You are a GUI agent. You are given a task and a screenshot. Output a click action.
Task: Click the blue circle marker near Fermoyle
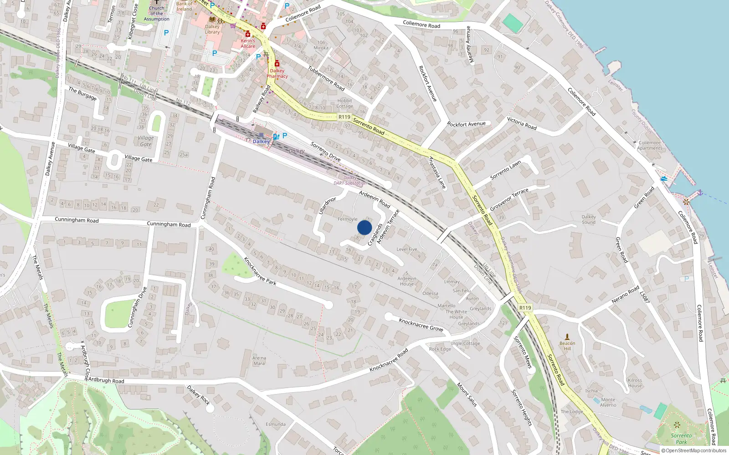pos(364,227)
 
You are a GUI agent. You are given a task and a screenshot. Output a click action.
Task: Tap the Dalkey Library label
pos(212,29)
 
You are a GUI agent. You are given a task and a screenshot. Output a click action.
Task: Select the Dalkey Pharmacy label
pos(277,73)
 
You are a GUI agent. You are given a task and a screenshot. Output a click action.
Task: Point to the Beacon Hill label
pos(567,346)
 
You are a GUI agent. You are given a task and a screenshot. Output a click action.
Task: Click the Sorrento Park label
pos(681,439)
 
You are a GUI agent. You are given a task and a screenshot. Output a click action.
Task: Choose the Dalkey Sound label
pos(589,219)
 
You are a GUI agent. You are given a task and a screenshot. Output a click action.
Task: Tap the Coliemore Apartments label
pos(649,145)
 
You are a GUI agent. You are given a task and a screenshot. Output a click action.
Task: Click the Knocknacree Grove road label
pos(421,324)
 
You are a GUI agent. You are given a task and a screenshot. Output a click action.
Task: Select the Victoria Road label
pos(522,123)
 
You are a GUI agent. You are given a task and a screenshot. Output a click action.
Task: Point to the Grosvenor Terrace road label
pos(509,199)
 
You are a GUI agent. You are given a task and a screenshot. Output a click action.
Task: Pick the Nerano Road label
pos(625,295)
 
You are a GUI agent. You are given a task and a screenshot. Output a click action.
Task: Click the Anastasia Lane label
pos(437,173)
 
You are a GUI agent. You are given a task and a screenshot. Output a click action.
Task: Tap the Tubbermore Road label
pos(326,78)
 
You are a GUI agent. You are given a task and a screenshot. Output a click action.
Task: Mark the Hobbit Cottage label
pos(344,103)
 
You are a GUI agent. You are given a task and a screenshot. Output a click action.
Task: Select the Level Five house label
pos(406,249)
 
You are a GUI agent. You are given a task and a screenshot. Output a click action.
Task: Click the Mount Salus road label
pos(467,394)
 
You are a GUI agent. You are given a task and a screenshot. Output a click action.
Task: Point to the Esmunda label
pos(276,424)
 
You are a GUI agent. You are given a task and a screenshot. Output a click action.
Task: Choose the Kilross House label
pos(635,383)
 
